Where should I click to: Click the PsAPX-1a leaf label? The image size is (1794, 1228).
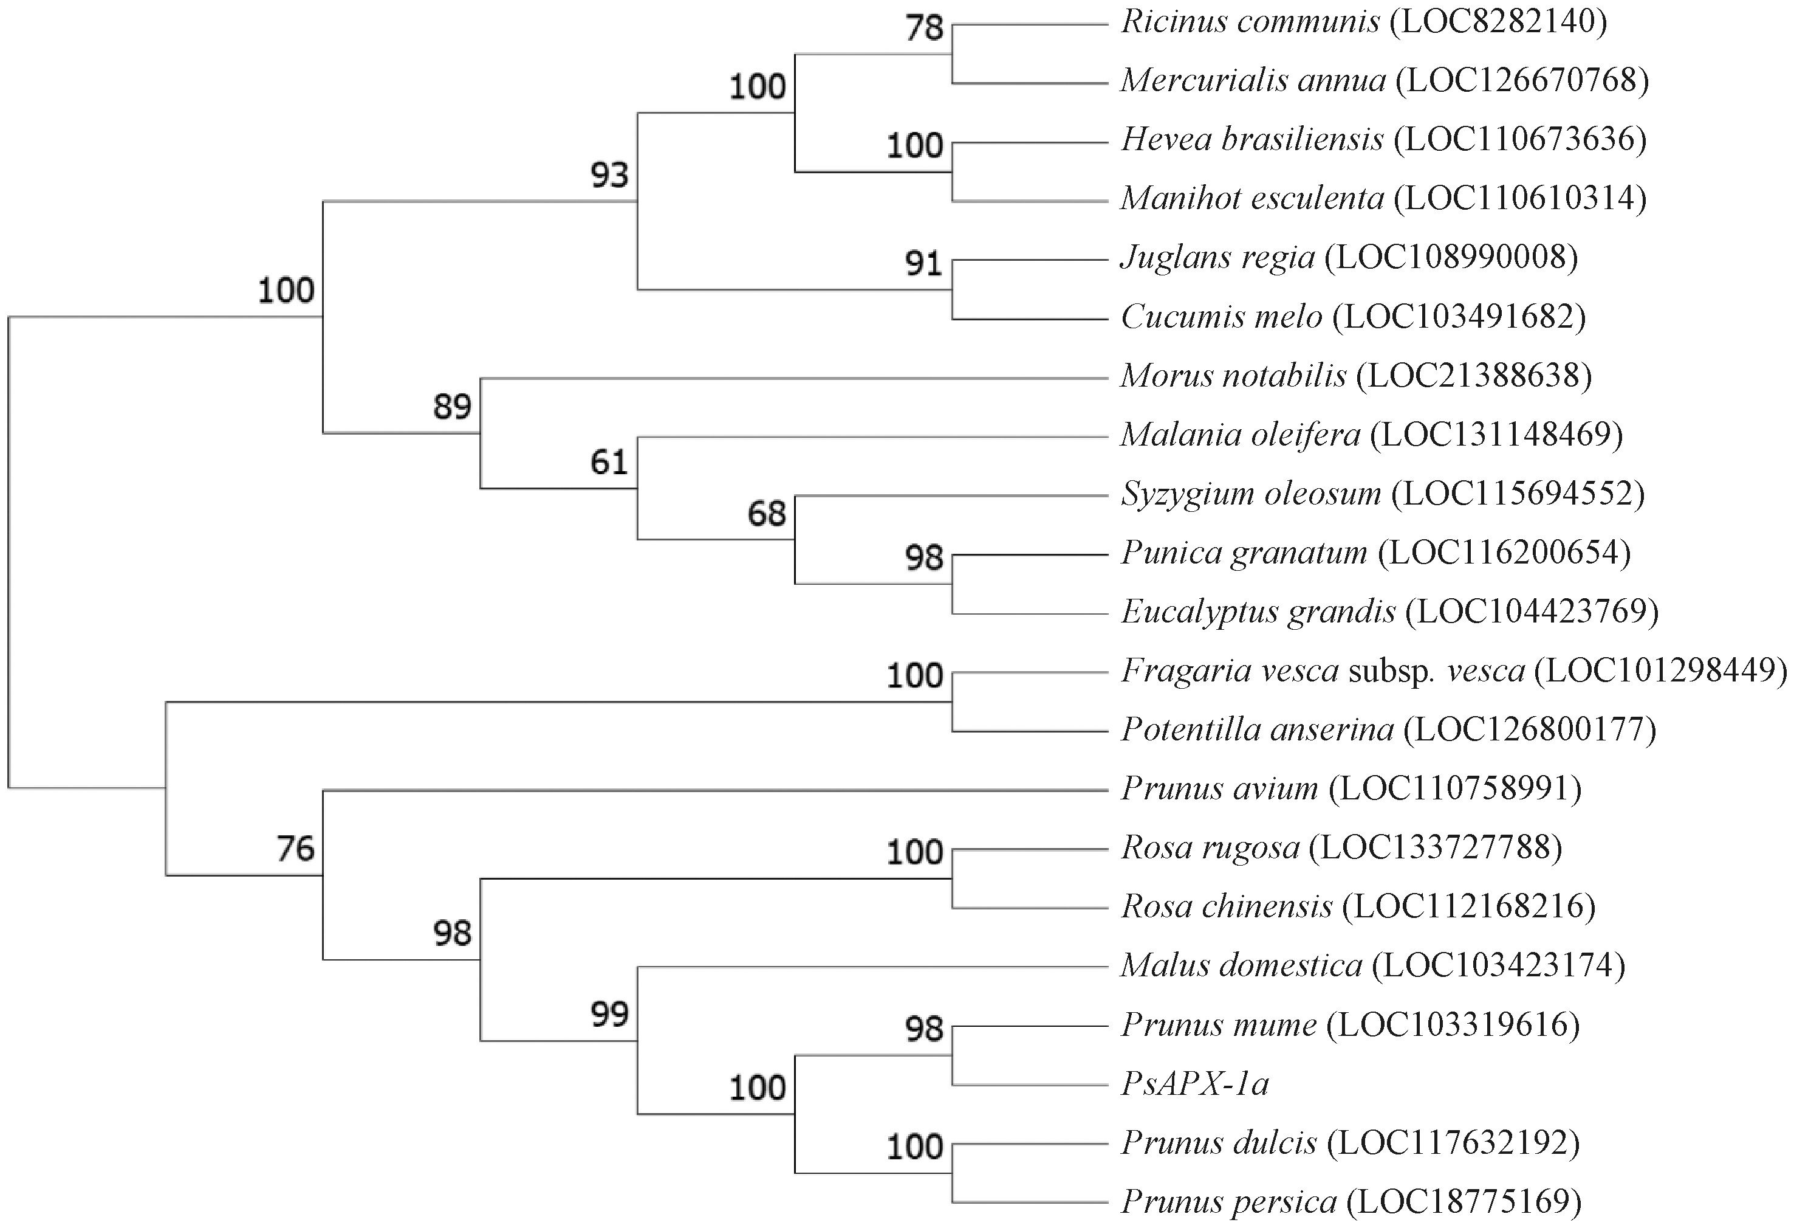tap(1194, 1085)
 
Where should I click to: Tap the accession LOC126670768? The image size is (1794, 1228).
tap(1522, 80)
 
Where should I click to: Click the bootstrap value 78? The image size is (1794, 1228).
tap(925, 29)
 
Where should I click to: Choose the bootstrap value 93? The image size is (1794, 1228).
tap(610, 175)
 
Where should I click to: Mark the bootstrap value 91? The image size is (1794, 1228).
tap(925, 264)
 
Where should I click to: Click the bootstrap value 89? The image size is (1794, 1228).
tap(453, 406)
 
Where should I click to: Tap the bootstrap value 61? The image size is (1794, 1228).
tap(610, 463)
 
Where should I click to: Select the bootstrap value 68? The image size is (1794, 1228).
tap(767, 514)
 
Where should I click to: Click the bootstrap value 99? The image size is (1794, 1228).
tap(610, 1014)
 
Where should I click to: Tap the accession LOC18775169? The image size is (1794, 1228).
tap(1464, 1202)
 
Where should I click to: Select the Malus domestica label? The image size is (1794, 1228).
tap(1241, 966)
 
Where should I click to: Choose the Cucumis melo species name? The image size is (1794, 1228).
tap(1221, 317)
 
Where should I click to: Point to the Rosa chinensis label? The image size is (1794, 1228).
tap(1227, 906)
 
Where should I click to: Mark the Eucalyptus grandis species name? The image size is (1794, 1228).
tap(1258, 612)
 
